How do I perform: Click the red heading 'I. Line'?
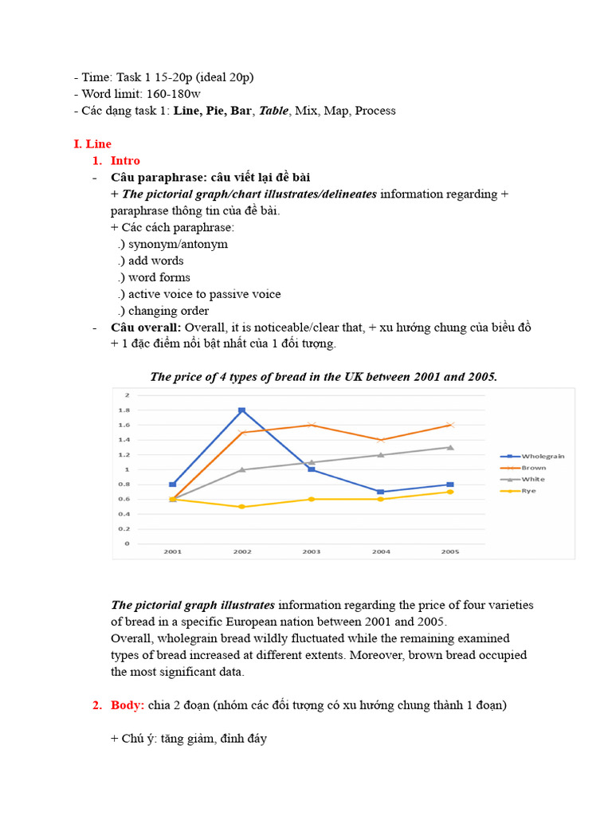pos(92,144)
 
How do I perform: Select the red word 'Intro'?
pos(125,161)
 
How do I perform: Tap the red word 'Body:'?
pos(126,705)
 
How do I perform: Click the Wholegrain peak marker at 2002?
pos(241,410)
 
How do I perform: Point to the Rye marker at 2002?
pos(241,507)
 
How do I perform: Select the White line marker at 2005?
pos(450,447)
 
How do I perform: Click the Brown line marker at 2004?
pos(380,440)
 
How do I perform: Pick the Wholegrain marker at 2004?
pos(380,492)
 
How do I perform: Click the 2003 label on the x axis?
pos(311,551)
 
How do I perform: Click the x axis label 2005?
pos(450,551)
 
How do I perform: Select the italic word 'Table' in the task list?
pos(273,111)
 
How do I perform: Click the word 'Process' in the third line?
pos(375,111)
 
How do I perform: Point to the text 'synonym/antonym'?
pos(178,244)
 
